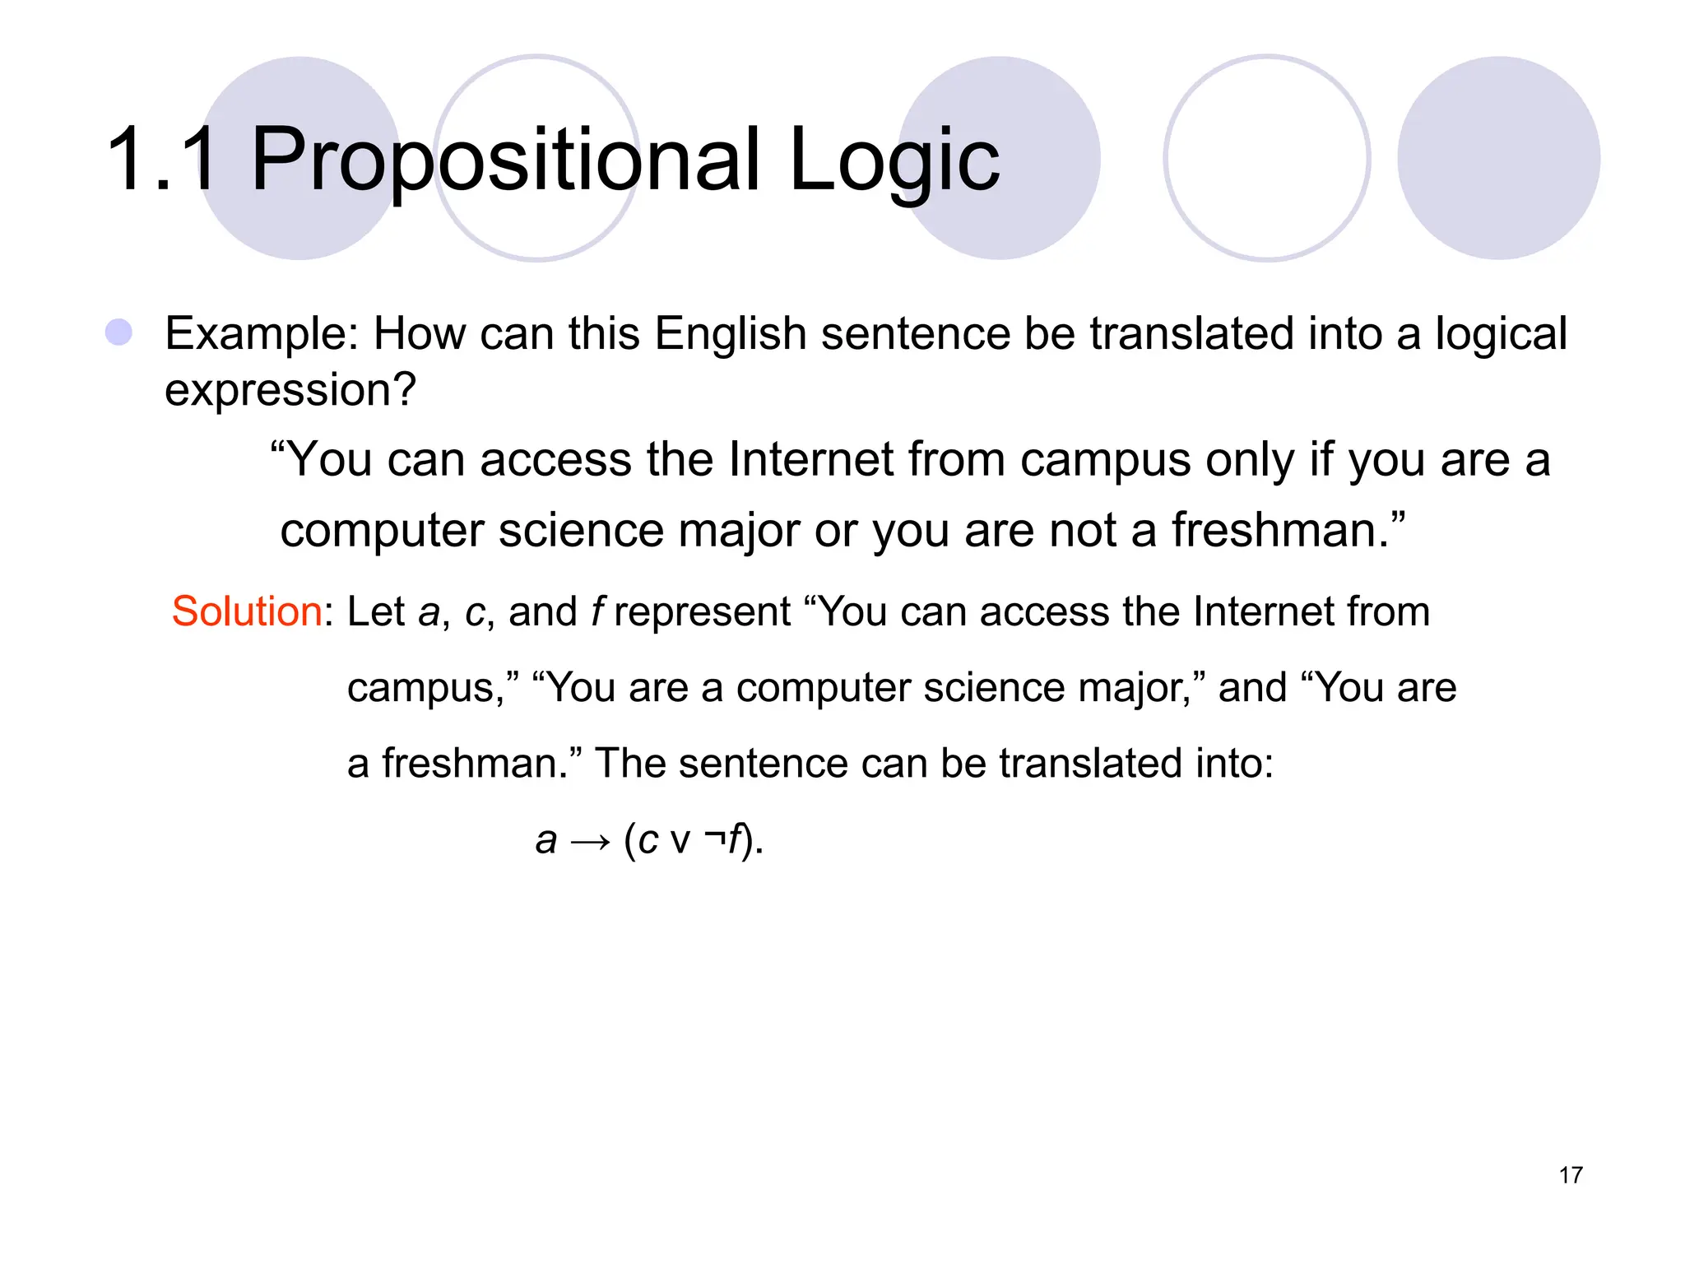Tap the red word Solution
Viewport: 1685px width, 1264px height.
pyautogui.click(x=246, y=611)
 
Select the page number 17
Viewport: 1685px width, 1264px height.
pyautogui.click(x=1571, y=1175)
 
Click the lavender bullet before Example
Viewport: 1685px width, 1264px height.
pyautogui.click(x=119, y=332)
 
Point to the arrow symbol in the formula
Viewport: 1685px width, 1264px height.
pyautogui.click(x=590, y=841)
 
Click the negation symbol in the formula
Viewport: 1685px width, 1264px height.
pyautogui.click(x=713, y=839)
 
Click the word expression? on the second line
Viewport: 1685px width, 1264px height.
pyautogui.click(x=290, y=389)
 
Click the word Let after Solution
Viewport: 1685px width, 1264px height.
pyautogui.click(x=376, y=611)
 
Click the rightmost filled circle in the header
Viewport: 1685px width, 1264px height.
pyautogui.click(x=1498, y=158)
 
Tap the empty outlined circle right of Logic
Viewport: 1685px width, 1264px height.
pyautogui.click(x=1266, y=158)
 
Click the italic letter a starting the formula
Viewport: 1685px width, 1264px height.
pyautogui.click(x=545, y=841)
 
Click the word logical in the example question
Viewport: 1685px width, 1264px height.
pyautogui.click(x=1501, y=334)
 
